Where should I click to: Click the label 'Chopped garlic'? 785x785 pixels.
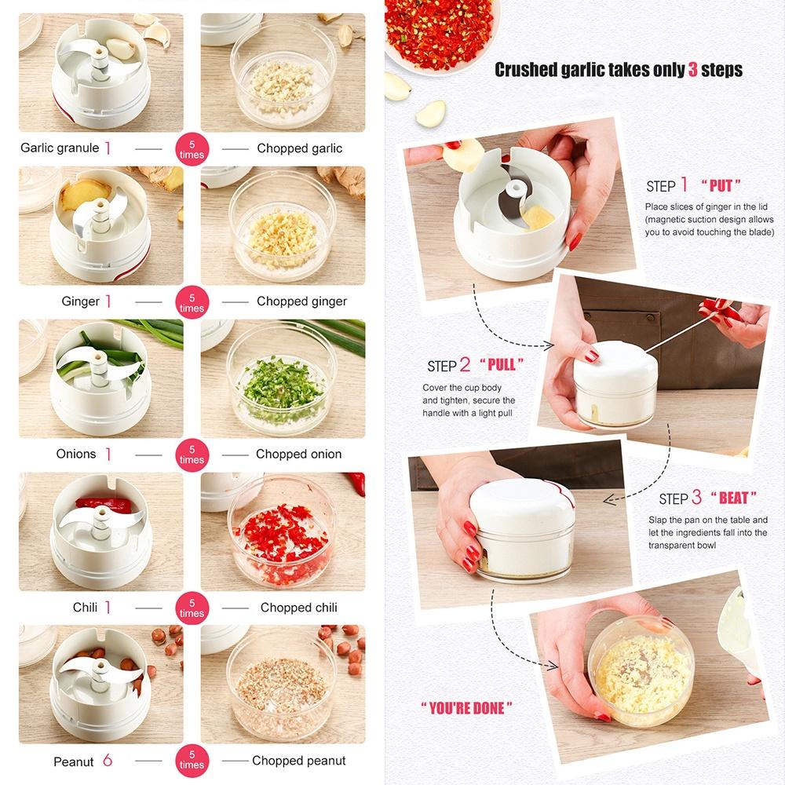pyautogui.click(x=299, y=148)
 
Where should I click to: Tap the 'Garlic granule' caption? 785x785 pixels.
pyautogui.click(x=60, y=148)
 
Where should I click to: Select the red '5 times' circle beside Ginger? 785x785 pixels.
pyautogui.click(x=192, y=302)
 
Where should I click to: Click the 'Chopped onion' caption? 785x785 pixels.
pyautogui.click(x=298, y=455)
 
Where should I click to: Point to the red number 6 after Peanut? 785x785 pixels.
pyautogui.click(x=108, y=761)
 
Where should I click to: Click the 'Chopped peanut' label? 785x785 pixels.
pyautogui.click(x=298, y=761)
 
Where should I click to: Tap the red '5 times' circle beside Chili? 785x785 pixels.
pyautogui.click(x=192, y=608)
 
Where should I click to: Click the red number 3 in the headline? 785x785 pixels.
pyautogui.click(x=693, y=70)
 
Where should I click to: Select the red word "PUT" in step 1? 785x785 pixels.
pyautogui.click(x=720, y=186)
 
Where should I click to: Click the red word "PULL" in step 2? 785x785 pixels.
pyautogui.click(x=502, y=365)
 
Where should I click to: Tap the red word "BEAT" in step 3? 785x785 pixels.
pyautogui.click(x=733, y=498)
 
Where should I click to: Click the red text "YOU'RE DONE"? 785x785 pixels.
pyautogui.click(x=467, y=708)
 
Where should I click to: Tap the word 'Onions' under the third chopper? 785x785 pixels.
pyautogui.click(x=76, y=455)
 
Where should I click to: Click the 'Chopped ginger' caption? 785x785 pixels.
pyautogui.click(x=301, y=301)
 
